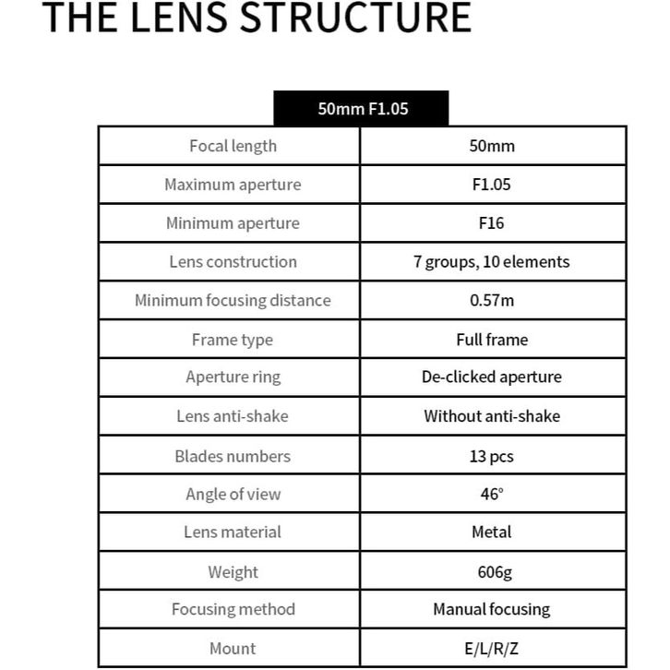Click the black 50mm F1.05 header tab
362,108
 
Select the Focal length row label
233,146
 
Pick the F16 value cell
492,223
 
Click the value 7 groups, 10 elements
492,261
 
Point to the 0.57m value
492,300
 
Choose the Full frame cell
492,340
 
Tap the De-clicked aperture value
492,377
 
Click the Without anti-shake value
492,416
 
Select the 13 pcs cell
492,456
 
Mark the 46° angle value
492,494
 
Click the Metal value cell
492,532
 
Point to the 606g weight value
492,572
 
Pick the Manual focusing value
492,609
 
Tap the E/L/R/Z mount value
492,649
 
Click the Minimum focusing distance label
233,300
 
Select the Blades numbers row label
233,456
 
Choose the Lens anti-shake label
233,416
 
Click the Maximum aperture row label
233,185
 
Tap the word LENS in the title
176,18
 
